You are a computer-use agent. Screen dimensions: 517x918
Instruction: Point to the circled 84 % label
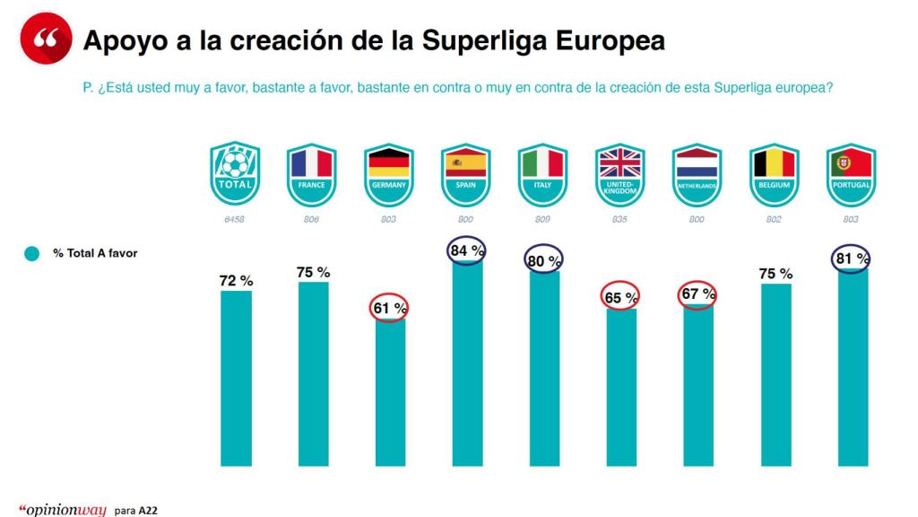pos(466,250)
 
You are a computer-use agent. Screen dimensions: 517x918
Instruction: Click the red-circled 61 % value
pos(388,308)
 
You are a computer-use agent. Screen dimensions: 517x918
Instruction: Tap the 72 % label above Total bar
pos(236,281)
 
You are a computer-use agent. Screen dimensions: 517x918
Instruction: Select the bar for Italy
pos(544,368)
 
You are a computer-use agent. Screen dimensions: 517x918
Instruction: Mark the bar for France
pos(313,373)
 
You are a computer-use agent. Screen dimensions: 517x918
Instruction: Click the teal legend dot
pos(32,254)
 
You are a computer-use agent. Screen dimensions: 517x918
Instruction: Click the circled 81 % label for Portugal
pos(851,258)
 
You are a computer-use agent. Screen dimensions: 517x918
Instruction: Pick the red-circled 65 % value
pos(620,297)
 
